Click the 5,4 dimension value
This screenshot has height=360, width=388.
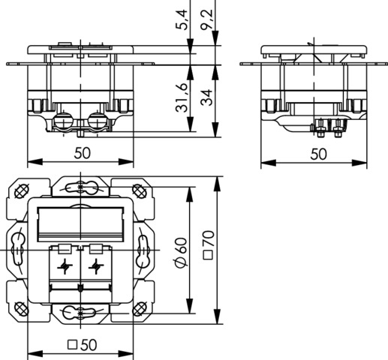(x=182, y=19)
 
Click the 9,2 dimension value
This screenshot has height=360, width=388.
(x=206, y=19)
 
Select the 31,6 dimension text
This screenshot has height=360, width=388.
(x=182, y=97)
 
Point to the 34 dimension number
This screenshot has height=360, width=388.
(x=206, y=97)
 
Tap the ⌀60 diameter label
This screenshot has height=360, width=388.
(x=182, y=253)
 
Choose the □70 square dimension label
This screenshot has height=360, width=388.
(x=208, y=245)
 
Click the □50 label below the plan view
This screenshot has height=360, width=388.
(x=82, y=345)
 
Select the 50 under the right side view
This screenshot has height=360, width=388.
(x=318, y=154)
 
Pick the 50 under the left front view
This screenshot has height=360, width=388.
(x=82, y=153)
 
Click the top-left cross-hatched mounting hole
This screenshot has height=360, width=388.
(x=21, y=191)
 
